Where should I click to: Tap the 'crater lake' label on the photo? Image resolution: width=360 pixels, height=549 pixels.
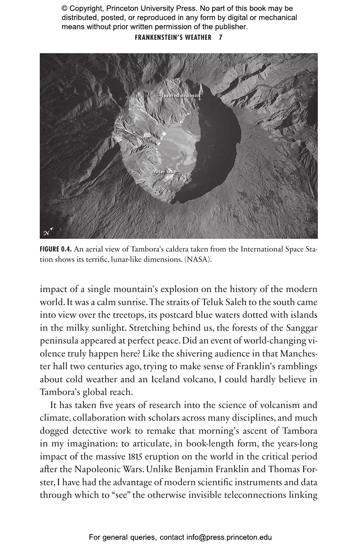coord(165,171)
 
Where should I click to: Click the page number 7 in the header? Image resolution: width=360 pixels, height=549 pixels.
coord(220,37)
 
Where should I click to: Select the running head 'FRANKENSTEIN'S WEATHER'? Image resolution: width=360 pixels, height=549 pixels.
coord(173,37)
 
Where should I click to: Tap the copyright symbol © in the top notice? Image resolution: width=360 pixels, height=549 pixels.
coord(64,9)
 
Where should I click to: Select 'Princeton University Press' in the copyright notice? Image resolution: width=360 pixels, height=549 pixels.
coord(148,9)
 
